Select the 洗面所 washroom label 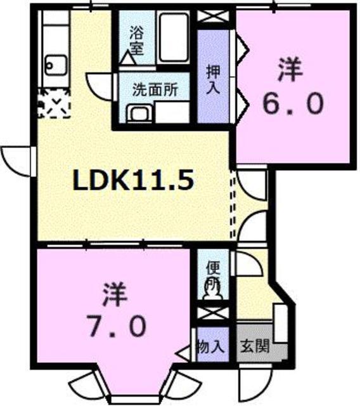click(x=151, y=89)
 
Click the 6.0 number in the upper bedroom click(x=292, y=103)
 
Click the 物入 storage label click(x=210, y=346)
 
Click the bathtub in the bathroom click(x=174, y=37)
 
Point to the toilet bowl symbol click(x=210, y=289)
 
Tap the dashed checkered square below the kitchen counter click(x=54, y=103)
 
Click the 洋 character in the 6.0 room click(x=288, y=69)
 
